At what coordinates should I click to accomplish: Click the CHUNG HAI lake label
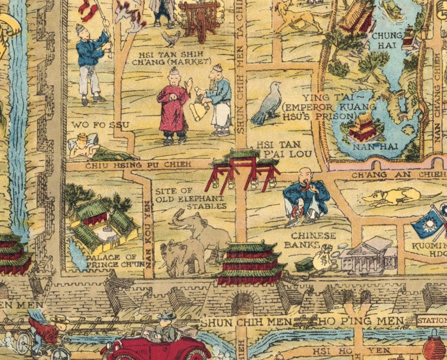click(387, 40)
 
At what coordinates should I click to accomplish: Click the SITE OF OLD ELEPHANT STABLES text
click(191, 198)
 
